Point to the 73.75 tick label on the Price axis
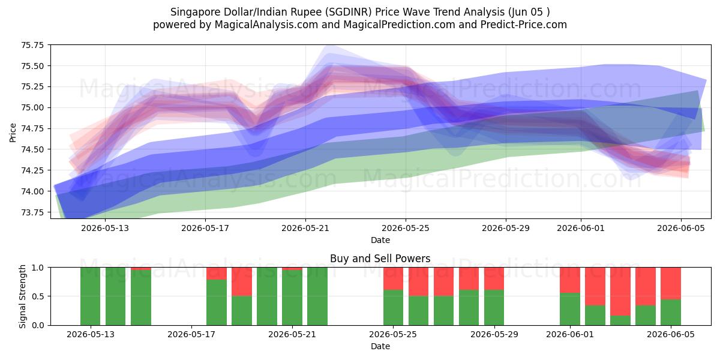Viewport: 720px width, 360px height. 32,212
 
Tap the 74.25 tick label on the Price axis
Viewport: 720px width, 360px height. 32,170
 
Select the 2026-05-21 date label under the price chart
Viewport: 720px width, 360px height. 305,228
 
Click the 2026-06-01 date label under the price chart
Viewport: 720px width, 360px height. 581,228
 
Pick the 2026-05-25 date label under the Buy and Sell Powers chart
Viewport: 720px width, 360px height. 393,334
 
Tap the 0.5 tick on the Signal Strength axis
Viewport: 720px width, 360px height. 38,296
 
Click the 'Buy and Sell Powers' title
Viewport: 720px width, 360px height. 380,259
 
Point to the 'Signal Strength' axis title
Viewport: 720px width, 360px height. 22,296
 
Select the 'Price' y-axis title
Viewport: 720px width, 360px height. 13,133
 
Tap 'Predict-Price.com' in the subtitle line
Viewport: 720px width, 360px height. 524,25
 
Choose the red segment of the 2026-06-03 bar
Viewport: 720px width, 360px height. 620,292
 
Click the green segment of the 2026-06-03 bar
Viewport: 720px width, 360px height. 620,320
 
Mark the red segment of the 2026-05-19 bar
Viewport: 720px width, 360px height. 242,281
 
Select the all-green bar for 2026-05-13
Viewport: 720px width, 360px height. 91,296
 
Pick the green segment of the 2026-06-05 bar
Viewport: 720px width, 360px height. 671,313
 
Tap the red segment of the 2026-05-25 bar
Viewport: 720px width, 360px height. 393,278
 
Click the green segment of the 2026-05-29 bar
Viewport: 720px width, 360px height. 494,308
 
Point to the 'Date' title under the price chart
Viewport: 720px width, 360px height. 380,240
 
